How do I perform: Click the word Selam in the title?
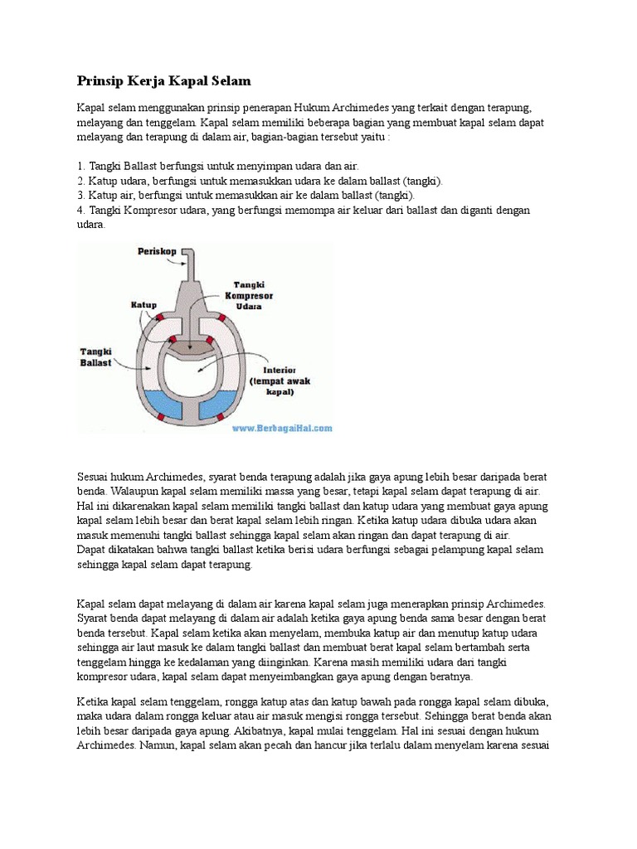228,81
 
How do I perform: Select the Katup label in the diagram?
143,305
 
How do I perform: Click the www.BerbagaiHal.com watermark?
282,428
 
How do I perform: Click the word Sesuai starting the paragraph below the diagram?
95,478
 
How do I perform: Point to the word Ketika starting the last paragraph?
94,701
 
